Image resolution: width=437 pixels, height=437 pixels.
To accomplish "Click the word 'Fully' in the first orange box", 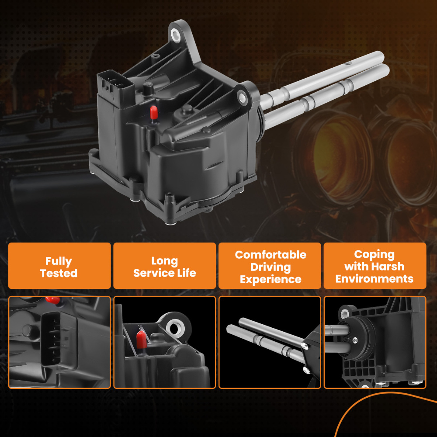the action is pyautogui.click(x=59, y=261).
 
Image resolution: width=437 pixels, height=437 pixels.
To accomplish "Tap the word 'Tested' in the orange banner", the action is pyautogui.click(x=59, y=273).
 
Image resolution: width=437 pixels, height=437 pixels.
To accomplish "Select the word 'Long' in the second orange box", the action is pyautogui.click(x=164, y=261).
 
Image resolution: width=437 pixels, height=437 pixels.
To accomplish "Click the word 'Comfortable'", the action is pyautogui.click(x=271, y=255).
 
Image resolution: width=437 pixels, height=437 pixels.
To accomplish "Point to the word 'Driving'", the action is pyautogui.click(x=271, y=267).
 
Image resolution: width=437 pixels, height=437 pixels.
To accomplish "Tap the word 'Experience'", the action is pyautogui.click(x=271, y=279).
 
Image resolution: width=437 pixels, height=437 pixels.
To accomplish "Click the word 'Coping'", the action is pyautogui.click(x=375, y=254).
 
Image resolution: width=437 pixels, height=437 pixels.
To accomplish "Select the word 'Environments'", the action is pyautogui.click(x=375, y=279).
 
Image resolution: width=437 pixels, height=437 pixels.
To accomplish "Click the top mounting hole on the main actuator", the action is pyautogui.click(x=176, y=35).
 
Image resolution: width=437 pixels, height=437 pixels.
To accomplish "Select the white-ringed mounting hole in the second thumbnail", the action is pyautogui.click(x=175, y=328).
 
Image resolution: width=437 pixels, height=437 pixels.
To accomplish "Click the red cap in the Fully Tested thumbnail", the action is pyautogui.click(x=53, y=300).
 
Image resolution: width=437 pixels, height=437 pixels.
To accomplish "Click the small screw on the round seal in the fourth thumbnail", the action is pyautogui.click(x=354, y=340).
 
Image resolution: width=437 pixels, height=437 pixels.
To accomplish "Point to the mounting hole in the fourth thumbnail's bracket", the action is pyautogui.click(x=345, y=313).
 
